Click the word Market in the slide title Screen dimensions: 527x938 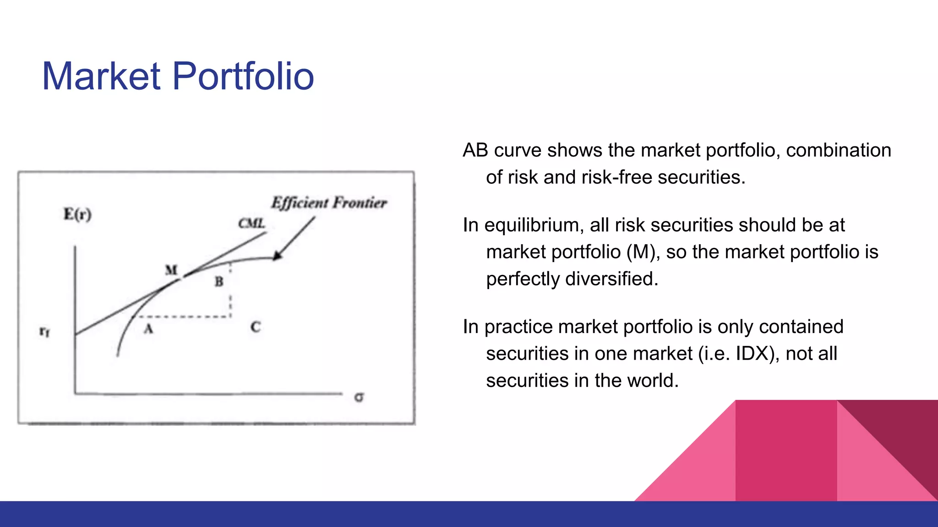(101, 76)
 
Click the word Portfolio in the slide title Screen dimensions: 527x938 (243, 76)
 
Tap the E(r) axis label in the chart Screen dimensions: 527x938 (77, 214)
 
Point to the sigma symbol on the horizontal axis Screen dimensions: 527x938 (359, 398)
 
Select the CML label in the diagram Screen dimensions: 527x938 (251, 223)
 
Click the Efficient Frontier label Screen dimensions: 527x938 (329, 203)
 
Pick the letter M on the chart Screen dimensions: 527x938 (171, 270)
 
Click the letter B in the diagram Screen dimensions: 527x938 (219, 282)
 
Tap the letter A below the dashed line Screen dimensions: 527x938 (148, 328)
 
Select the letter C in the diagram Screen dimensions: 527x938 (256, 327)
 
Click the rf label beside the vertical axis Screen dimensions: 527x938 (44, 331)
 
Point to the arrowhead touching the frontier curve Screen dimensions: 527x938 (277, 256)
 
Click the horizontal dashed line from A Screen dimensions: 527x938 (183, 317)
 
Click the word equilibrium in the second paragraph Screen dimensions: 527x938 (534, 226)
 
